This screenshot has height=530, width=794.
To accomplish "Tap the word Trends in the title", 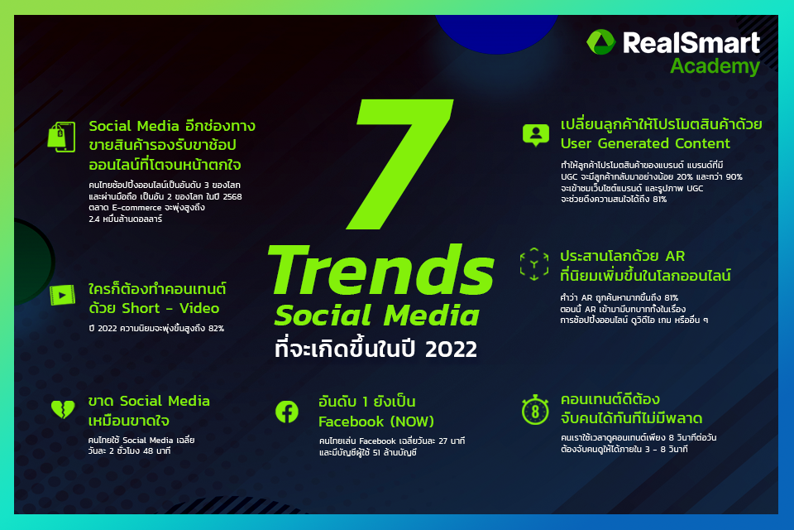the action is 380,269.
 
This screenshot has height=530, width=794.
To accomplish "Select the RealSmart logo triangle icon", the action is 600,41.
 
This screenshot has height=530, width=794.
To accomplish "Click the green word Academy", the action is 715,66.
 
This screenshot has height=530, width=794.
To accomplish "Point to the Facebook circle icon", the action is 287,412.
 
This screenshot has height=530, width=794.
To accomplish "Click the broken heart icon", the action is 63,409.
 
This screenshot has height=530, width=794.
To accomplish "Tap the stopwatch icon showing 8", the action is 535,410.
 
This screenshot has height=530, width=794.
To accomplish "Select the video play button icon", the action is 62,295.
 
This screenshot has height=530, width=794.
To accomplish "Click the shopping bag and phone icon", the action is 61,137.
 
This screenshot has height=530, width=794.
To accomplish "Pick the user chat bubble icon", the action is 536,135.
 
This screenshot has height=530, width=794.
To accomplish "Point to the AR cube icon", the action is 534,264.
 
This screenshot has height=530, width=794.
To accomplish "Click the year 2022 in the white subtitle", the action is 451,349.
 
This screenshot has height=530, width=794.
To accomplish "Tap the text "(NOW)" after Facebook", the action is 412,422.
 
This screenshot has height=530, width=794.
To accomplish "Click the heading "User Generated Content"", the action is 645,143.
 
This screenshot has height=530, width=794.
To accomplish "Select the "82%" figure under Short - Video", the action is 216,328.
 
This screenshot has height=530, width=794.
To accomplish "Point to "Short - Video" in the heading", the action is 170,308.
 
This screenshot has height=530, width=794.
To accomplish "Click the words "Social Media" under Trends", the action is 377,316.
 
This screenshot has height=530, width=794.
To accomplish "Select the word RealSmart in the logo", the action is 691,42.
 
